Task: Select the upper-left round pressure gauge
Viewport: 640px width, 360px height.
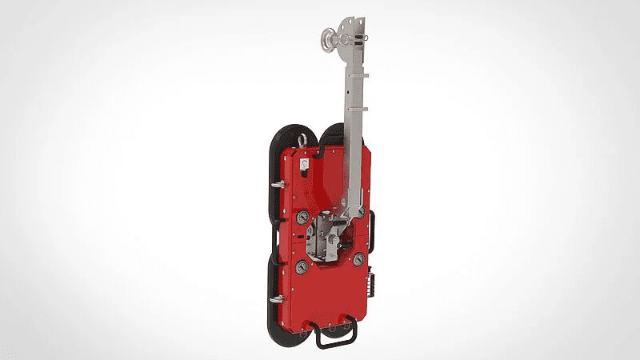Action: [302, 217]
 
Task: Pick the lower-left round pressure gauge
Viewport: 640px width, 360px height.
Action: [302, 266]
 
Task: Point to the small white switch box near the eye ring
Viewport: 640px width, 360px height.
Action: [304, 164]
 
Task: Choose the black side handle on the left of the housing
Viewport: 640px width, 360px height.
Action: [273, 248]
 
